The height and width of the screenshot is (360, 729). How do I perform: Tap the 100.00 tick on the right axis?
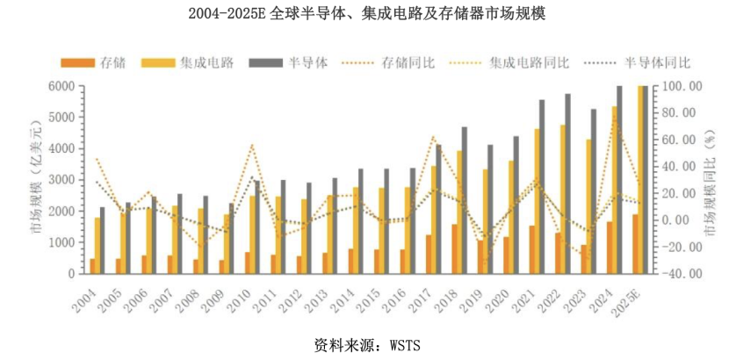coord(682,86)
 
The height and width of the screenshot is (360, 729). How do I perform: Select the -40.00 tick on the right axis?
coord(682,274)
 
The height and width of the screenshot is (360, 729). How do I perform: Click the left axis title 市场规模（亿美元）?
coord(36,180)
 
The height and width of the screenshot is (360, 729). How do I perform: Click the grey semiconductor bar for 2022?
coord(567,184)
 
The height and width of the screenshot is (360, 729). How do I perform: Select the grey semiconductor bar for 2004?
coord(102,241)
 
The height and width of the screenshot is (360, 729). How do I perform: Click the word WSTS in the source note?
coord(404,344)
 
